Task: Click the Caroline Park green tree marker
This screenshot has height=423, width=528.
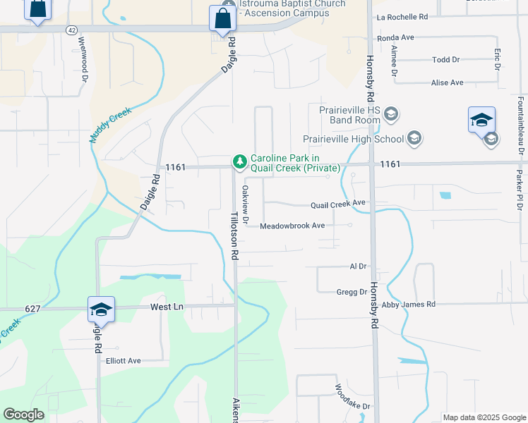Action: [240, 163]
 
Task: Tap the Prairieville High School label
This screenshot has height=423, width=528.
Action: [353, 139]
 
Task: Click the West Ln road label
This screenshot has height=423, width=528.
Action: [167, 307]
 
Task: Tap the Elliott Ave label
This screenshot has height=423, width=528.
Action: [124, 360]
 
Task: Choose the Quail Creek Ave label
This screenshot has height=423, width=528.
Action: [339, 204]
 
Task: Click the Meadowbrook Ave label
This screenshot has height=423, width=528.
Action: [292, 226]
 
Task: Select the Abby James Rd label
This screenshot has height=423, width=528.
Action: [408, 304]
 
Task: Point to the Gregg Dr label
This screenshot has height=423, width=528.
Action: [352, 291]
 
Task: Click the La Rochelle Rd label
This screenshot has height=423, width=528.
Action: [402, 16]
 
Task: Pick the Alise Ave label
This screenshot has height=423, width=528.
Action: [447, 82]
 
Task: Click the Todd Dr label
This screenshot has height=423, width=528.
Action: [445, 60]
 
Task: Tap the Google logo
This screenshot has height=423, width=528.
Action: [23, 415]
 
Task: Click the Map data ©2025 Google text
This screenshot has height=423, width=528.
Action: [484, 417]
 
